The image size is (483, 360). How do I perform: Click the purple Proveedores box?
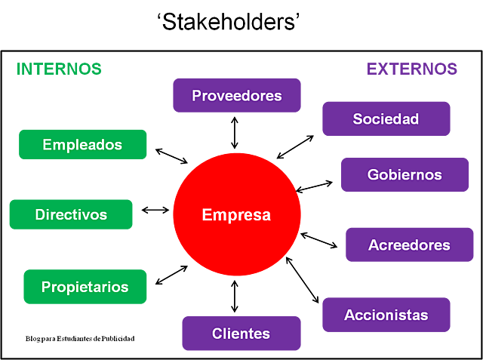point(236,95)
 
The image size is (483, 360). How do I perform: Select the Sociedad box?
point(386,118)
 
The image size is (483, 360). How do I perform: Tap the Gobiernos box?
point(405,174)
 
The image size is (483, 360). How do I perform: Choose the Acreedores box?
point(409,245)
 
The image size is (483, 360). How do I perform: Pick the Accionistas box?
point(386,315)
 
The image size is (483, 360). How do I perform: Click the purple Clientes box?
point(241,333)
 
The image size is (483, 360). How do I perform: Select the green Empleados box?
point(82,144)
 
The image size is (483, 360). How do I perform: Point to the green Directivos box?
point(71,214)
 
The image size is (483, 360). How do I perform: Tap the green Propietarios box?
point(85,286)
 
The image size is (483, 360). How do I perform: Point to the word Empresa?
point(236,215)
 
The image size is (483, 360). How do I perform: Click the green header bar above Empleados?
point(59,69)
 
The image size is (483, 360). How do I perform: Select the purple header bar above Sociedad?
point(411,69)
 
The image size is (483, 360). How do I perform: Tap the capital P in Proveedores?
point(196,96)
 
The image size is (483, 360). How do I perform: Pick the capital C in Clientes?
point(217,334)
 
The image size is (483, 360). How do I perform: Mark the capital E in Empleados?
point(47,145)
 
